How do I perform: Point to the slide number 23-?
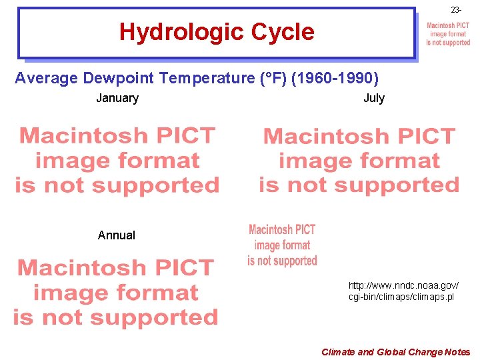pyautogui.click(x=456, y=10)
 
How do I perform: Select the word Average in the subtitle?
pyautogui.click(x=47, y=79)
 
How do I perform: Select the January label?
pyautogui.click(x=117, y=99)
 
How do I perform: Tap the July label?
pyautogui.click(x=374, y=99)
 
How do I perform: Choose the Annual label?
pyautogui.click(x=116, y=235)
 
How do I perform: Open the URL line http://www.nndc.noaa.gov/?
pyautogui.click(x=403, y=285)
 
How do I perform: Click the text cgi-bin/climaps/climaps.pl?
pyautogui.click(x=401, y=297)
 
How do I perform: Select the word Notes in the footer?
pyautogui.click(x=457, y=352)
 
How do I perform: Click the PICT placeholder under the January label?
pyautogui.click(x=117, y=161)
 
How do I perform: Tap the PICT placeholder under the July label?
pyautogui.click(x=359, y=161)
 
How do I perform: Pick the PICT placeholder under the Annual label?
pyautogui.click(x=115, y=293)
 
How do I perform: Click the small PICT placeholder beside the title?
pyautogui.click(x=448, y=34)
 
